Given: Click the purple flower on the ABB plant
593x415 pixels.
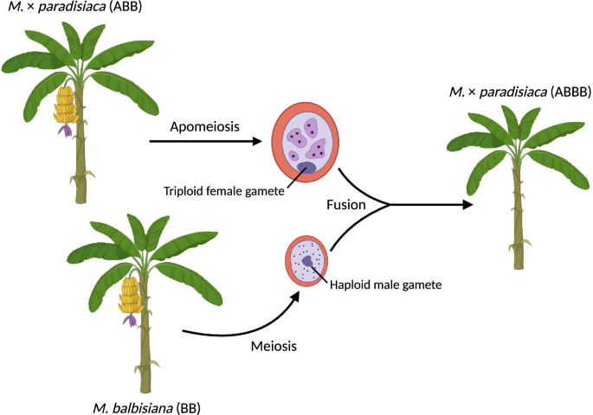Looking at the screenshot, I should click(x=65, y=131).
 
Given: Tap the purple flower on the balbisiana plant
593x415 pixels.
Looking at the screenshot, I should click(x=130, y=321).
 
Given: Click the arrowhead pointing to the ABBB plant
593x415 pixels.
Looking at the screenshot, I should click(x=468, y=205).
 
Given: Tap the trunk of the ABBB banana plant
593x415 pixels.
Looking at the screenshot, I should click(x=518, y=225).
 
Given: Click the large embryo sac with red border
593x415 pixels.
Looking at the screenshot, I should click(x=308, y=142).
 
